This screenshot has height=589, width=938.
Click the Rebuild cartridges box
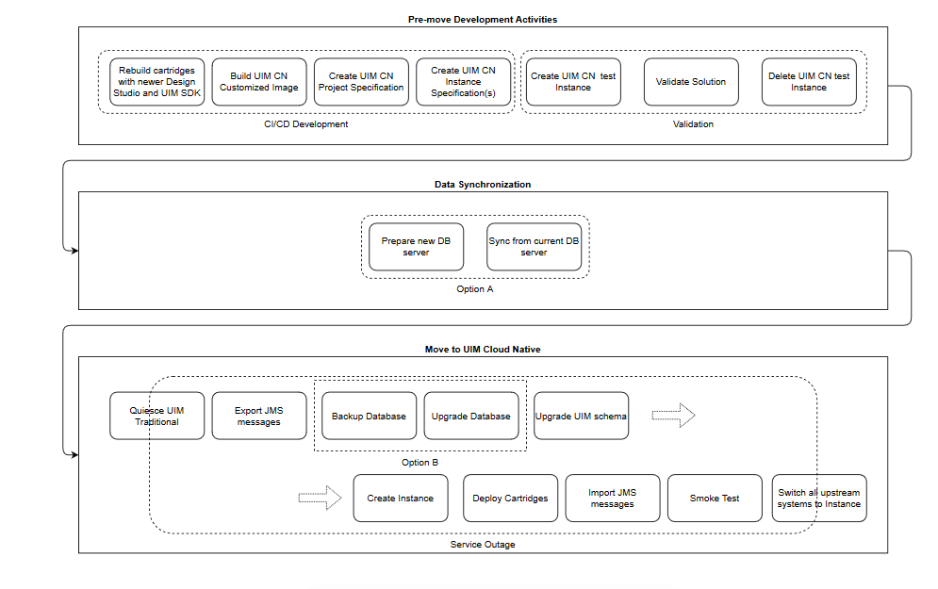(156, 82)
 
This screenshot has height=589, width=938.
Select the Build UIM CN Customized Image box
(258, 82)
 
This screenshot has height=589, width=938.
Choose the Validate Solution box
(691, 82)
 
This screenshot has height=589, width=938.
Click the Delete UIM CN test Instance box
(809, 82)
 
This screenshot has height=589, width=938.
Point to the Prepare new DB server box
(416, 247)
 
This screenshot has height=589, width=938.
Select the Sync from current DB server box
(534, 247)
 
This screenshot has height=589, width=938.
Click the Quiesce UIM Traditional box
(156, 416)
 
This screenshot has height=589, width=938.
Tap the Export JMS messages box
(258, 416)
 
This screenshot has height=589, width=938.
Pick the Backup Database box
(369, 416)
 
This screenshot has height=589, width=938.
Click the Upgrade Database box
(470, 416)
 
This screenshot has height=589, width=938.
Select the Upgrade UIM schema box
(581, 416)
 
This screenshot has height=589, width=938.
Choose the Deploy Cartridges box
(510, 499)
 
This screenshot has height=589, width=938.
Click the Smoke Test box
(715, 499)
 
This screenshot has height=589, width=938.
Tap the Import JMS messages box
(612, 499)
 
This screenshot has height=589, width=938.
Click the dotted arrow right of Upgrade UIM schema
(673, 416)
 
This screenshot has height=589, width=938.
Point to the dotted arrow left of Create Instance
(320, 499)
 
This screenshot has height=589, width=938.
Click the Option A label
(474, 289)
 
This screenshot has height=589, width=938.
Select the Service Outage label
(482, 544)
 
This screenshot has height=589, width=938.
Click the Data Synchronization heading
(483, 185)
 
